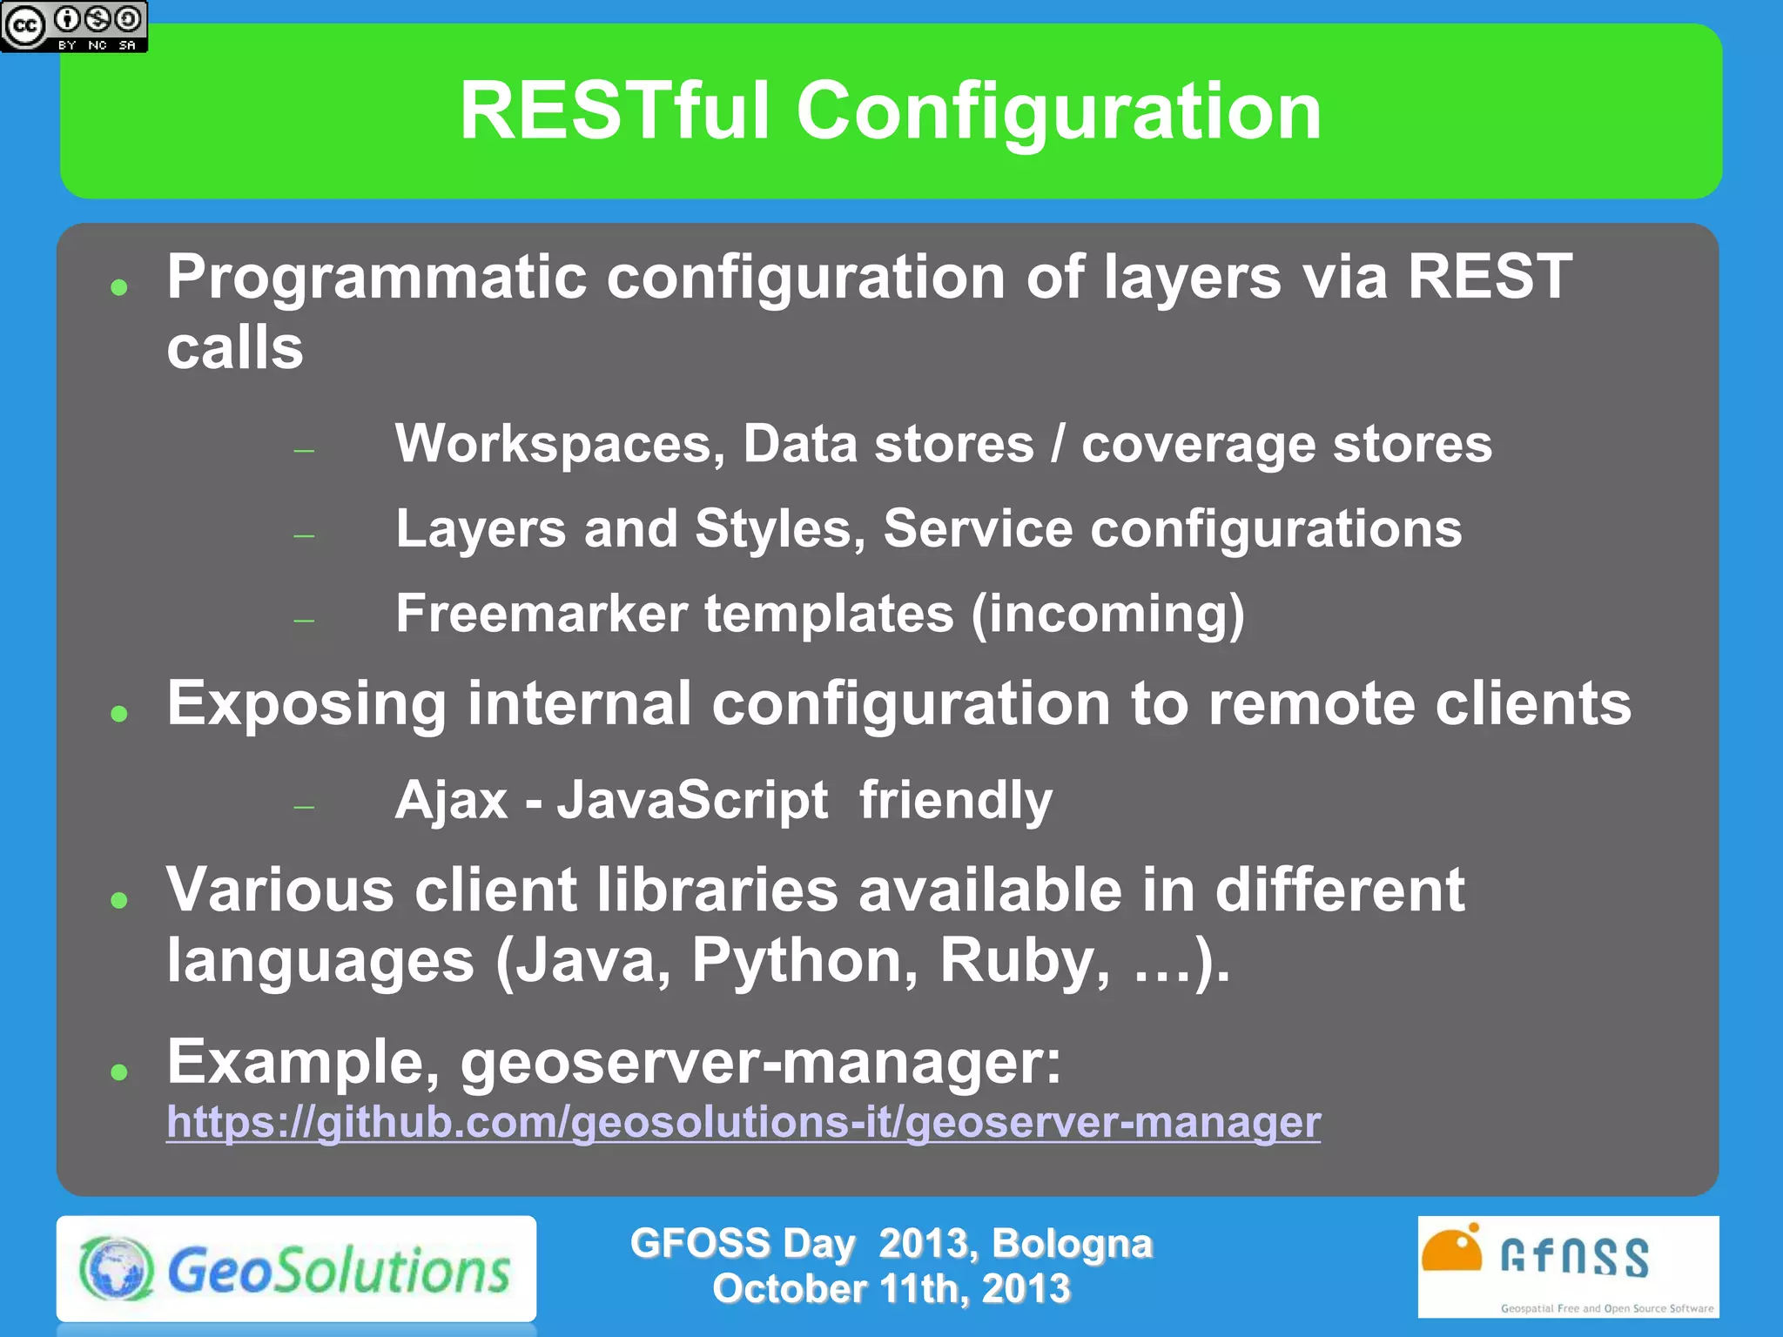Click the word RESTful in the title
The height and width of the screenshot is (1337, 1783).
[615, 111]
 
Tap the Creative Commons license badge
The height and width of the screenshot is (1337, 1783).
[74, 26]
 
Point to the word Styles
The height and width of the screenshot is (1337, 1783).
[779, 529]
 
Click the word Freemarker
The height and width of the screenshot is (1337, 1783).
[541, 614]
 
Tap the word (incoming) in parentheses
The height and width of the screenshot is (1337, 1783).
[1107, 615]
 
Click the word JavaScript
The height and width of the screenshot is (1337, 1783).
[692, 800]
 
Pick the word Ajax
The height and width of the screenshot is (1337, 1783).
[451, 800]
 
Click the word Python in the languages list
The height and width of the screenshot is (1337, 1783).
[804, 962]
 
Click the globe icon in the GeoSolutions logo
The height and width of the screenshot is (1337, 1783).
[116, 1268]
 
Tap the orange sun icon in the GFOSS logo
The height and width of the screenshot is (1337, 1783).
[1451, 1251]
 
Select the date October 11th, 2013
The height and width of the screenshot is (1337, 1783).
[891, 1289]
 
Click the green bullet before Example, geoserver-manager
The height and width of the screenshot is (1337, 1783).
[119, 1072]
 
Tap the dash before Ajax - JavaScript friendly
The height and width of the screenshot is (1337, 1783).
[304, 808]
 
